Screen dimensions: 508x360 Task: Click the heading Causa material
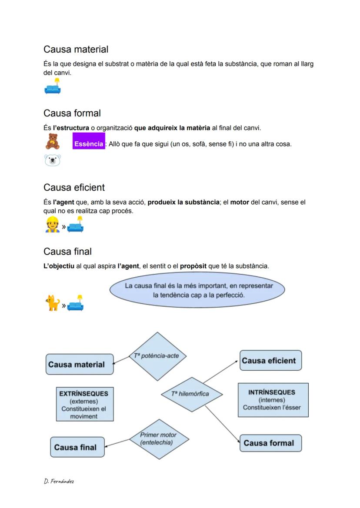76,50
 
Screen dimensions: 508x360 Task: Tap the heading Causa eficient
74,187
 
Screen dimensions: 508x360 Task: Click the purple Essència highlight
88,144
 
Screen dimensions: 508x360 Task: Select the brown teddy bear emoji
52,142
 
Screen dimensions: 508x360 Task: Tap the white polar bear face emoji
52,161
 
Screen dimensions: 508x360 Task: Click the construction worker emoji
52,224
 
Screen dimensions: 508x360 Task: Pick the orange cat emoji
52,303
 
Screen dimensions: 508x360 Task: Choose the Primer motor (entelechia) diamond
158,438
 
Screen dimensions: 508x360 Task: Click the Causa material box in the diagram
79,364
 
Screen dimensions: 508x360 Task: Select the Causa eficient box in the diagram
270,361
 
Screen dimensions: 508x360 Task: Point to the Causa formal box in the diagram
270,443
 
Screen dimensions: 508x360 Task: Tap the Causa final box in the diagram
77,447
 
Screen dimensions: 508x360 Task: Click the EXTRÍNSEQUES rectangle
84,404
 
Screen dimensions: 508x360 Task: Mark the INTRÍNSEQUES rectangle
273,400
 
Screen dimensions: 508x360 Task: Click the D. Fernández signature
59,481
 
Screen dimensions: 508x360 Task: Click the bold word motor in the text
240,202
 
